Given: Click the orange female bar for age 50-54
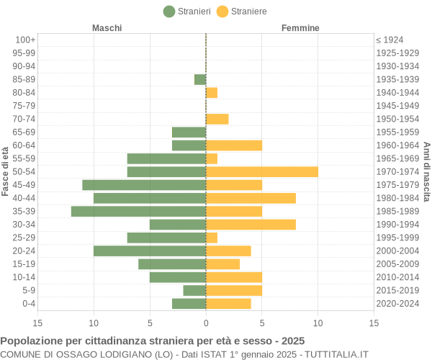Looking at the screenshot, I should [x=261, y=171].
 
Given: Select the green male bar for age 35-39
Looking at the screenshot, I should [x=138, y=211].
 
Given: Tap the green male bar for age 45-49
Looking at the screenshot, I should [x=144, y=185].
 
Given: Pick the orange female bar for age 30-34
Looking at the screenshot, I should [x=251, y=225].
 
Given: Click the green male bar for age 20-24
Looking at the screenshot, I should [x=150, y=251].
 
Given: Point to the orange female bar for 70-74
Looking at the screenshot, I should [x=217, y=119].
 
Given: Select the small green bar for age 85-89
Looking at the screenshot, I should [x=200, y=79].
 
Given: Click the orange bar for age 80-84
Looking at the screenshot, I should [x=212, y=92].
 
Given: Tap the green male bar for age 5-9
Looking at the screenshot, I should [x=194, y=290].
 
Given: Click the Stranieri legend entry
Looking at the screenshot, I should [x=187, y=11].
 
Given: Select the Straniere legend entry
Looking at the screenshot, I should [x=242, y=11].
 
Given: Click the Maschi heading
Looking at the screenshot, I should [x=107, y=28].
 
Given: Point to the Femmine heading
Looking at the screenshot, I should [x=300, y=28].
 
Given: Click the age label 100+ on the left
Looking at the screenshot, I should [x=25, y=40].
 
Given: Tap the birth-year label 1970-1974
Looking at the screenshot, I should [x=397, y=171].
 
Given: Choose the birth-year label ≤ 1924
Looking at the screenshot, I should [x=390, y=40].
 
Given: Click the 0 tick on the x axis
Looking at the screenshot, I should [x=206, y=323].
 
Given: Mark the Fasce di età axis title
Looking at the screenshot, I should [x=5, y=171].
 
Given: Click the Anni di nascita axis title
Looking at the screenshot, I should [x=426, y=171].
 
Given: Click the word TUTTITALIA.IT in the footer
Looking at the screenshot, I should [x=336, y=354].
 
